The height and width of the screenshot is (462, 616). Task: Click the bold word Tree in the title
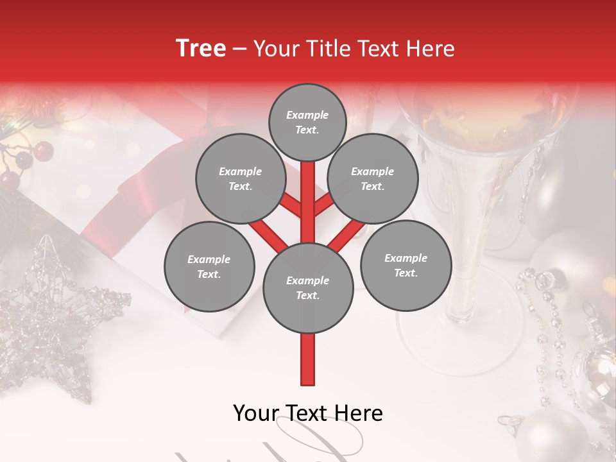[x=201, y=48]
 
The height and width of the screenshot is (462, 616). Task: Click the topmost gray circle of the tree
[x=307, y=122]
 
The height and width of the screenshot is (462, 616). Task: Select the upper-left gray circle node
[x=240, y=178]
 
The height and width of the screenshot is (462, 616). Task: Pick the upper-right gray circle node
[x=373, y=178]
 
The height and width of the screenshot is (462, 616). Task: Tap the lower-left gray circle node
[x=209, y=266]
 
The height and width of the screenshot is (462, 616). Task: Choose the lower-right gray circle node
[x=406, y=265]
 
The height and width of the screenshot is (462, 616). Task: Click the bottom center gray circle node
[x=308, y=288]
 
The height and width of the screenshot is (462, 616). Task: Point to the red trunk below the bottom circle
[x=308, y=359]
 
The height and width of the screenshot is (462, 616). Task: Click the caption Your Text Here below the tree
[x=308, y=413]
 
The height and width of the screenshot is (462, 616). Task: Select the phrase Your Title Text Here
[x=354, y=48]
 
